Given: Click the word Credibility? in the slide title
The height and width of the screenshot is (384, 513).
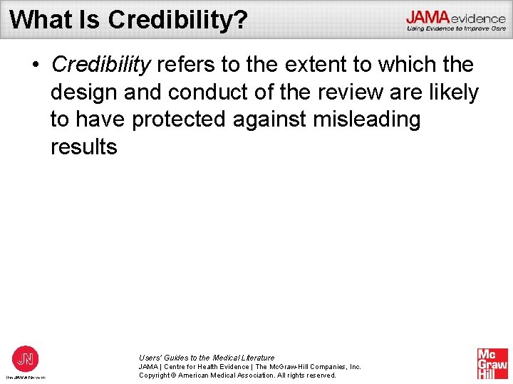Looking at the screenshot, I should pos(177,20).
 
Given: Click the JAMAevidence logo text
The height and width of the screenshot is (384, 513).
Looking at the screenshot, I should pos(455,18).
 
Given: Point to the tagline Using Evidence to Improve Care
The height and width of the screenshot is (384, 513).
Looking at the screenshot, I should pos(456,29).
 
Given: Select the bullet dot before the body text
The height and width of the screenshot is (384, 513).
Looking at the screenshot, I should pos(35,65).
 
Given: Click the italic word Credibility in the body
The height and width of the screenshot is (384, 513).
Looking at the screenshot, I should pos(100,65).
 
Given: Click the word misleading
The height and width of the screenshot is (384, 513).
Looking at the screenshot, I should pos(372,119).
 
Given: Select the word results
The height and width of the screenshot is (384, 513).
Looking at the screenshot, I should pos(83,147).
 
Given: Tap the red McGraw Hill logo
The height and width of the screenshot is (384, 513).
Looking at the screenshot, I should pos(492,363).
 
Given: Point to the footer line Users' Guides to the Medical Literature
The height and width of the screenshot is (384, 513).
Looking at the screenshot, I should pos(207,358).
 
